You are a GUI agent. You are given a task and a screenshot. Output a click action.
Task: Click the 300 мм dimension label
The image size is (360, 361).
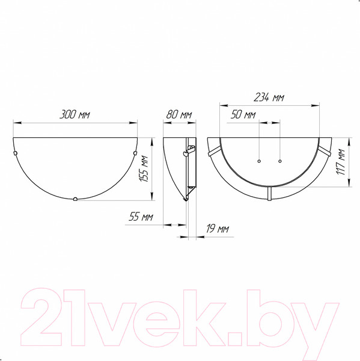[x=75, y=114]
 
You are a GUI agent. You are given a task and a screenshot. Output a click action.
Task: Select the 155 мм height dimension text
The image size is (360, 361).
[x=144, y=170]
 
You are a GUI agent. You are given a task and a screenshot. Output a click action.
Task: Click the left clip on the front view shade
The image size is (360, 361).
[x=16, y=154]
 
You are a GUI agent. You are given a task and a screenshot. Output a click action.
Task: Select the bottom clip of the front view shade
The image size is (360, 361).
[x=75, y=199]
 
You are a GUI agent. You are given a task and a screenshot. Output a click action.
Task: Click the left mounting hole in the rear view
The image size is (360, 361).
[x=258, y=161]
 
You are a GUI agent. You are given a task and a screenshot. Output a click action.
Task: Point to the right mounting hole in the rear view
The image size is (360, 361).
[x=280, y=161]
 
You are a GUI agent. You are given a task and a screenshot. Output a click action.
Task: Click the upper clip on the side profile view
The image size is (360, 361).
[x=192, y=149]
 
